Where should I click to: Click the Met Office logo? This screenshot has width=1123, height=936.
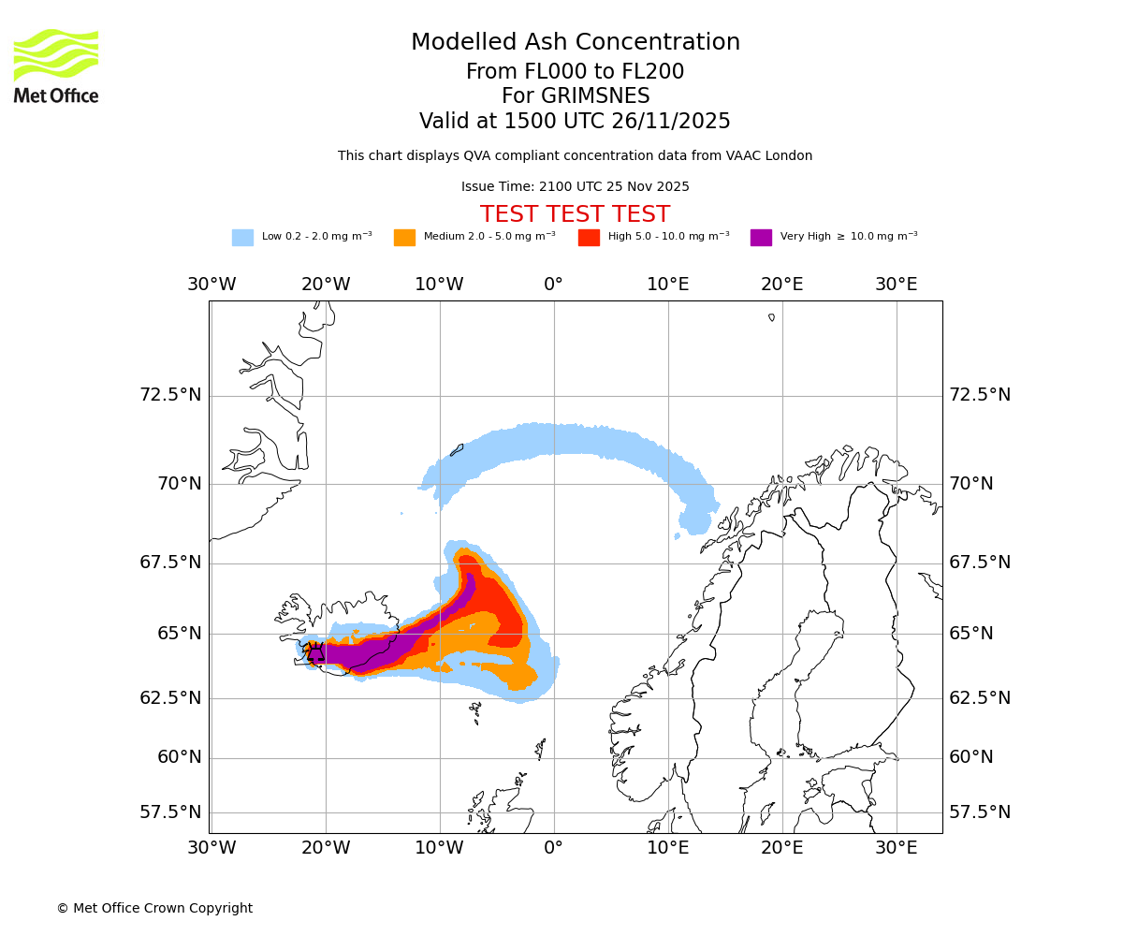56,66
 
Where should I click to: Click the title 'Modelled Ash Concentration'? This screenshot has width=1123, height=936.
575,42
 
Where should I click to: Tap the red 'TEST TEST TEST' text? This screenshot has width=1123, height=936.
575,214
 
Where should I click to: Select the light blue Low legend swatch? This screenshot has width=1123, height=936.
242,238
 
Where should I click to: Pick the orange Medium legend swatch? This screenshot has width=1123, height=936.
404,238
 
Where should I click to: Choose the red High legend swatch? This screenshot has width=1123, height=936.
589,238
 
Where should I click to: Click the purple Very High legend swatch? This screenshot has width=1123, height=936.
761,238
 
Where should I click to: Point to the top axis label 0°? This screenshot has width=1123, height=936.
554,285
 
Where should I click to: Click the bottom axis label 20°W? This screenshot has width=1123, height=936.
326,848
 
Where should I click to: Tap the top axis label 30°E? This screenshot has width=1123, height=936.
897,285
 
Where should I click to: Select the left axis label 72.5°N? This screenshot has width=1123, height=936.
170,395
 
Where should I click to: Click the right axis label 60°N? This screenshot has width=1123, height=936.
971,757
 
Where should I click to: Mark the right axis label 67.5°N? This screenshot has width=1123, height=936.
980,563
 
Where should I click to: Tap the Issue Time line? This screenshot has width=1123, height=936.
575,186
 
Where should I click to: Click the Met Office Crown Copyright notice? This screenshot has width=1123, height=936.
154,908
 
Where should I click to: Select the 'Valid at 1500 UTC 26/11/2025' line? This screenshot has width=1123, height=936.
575,121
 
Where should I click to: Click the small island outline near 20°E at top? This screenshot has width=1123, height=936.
772,317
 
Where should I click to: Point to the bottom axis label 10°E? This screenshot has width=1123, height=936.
668,848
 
